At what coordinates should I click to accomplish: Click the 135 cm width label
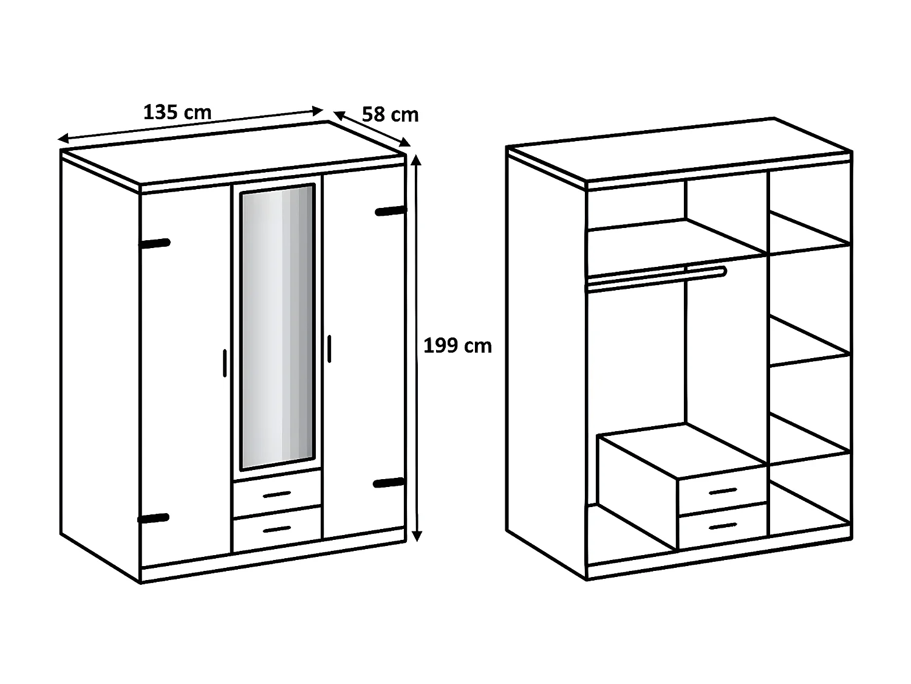(x=177, y=112)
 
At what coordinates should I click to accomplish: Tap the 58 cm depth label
(x=390, y=114)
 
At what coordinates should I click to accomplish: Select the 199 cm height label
(x=457, y=346)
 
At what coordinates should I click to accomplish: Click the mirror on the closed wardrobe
(x=278, y=327)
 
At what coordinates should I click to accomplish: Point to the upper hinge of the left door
(x=155, y=243)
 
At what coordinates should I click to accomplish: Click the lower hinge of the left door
(x=154, y=519)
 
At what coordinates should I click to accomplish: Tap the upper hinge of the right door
(x=390, y=211)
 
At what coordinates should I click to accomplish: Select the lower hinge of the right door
(x=389, y=483)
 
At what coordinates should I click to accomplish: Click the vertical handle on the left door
(x=224, y=363)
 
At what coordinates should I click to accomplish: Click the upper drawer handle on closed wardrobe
(x=277, y=494)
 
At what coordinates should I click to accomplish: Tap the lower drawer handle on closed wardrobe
(x=277, y=530)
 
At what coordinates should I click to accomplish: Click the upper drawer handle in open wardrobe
(x=723, y=490)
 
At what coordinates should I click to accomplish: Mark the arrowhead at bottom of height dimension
(x=416, y=535)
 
